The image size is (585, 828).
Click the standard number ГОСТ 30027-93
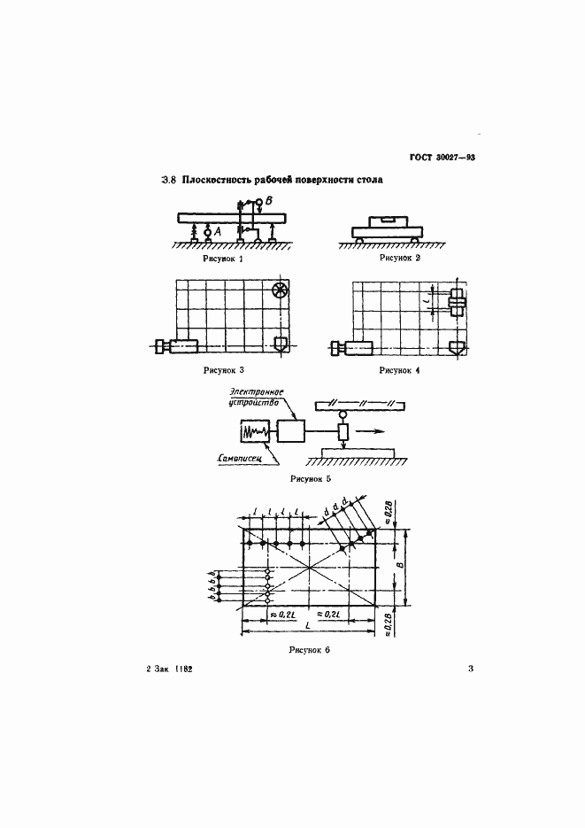point(443,158)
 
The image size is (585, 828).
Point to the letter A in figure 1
point(217,233)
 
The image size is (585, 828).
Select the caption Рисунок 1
point(222,259)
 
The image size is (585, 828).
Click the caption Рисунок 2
point(400,258)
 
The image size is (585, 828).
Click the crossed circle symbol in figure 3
point(280,290)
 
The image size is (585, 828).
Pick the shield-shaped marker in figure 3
point(281,344)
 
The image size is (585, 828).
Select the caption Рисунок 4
point(400,369)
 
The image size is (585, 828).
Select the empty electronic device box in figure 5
point(290,431)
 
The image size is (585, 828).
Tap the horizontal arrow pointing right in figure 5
point(375,432)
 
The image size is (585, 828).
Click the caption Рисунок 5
point(310,478)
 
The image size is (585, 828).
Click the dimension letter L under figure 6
point(306,626)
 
